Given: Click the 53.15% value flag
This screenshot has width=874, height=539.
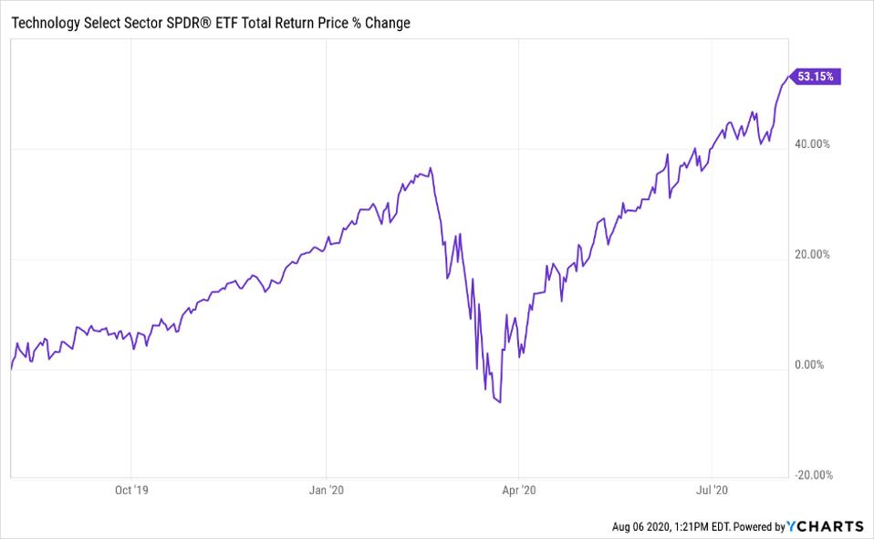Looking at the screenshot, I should (x=816, y=77).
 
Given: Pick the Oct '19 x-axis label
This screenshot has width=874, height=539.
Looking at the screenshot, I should (x=131, y=490).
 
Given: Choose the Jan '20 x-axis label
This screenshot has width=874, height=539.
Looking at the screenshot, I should (x=327, y=490).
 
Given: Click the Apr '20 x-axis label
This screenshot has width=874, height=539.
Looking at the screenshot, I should (x=519, y=490).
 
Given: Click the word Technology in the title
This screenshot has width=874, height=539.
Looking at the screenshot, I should (x=47, y=23).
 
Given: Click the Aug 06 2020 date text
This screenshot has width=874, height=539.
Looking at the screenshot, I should (x=644, y=527).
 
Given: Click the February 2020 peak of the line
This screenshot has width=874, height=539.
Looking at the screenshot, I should (x=431, y=168).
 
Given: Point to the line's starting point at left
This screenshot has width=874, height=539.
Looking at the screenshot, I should (x=10, y=369).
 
